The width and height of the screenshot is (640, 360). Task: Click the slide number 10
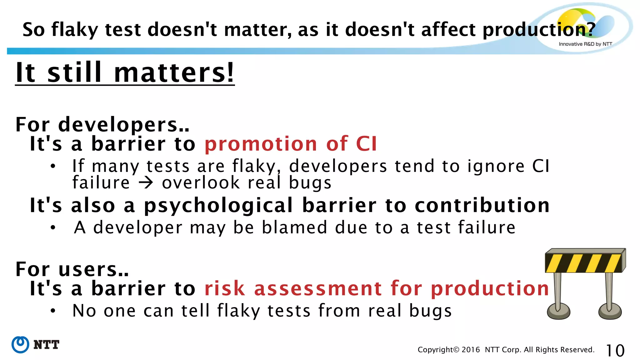615,350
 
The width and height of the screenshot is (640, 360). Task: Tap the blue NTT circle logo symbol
20,345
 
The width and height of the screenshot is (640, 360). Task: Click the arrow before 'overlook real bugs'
146,183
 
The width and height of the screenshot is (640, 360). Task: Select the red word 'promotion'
261,144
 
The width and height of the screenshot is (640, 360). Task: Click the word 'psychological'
218,206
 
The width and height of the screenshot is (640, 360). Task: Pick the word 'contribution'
482,205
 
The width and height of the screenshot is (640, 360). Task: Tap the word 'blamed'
295,227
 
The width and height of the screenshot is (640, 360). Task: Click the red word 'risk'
224,288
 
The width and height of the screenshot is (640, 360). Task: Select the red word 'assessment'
318,288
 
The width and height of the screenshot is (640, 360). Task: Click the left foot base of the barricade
558,312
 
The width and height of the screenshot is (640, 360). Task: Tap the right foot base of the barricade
610,312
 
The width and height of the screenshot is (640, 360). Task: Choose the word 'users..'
93,269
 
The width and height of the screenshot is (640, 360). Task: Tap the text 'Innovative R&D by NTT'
585,44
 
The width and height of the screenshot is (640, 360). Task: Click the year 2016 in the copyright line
471,350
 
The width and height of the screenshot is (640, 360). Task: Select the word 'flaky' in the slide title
75,30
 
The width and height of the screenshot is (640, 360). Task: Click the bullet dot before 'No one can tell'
53,311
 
